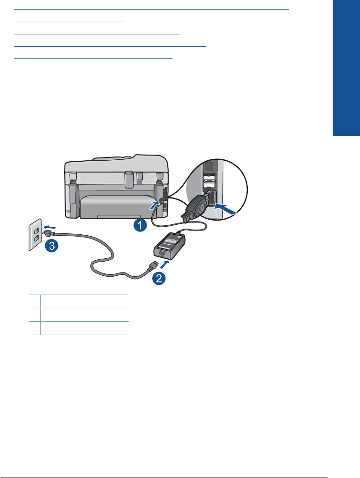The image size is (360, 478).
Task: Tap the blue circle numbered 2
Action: pos(159,278)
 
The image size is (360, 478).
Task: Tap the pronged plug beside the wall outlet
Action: pos(48,232)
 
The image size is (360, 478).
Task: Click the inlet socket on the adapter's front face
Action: pos(164,254)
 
